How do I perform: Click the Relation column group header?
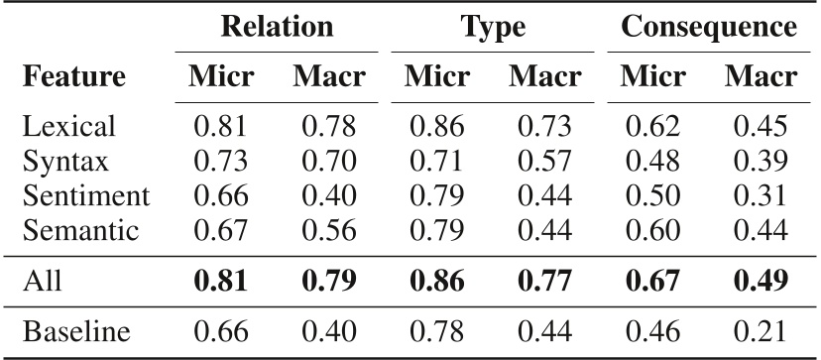pos(277,27)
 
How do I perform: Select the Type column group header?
pos(493,27)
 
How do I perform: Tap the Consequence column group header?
pos(708,27)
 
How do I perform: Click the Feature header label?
pos(74,76)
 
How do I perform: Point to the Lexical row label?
pos(69,127)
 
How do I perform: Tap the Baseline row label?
pos(76,331)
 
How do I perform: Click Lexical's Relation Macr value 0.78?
pos(328,127)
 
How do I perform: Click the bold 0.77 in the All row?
pos(544,280)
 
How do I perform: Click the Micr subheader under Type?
pos(437,76)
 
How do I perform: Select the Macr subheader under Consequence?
pos(761,76)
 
